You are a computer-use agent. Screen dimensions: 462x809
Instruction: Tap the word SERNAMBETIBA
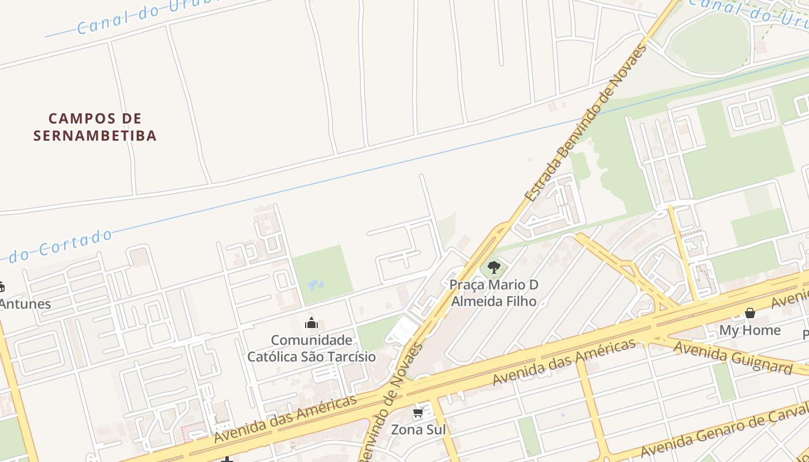95,136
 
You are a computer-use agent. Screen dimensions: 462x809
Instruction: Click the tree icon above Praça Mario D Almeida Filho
493,267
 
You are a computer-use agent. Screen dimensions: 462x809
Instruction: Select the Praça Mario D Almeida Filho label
493,293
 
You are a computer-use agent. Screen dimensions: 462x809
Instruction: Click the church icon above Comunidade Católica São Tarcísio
311,323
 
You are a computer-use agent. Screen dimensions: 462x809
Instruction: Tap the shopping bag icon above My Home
750,313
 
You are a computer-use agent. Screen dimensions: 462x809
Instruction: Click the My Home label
750,330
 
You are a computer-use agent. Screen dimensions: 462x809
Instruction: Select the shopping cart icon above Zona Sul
418,413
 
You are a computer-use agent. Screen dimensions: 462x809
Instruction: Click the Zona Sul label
418,430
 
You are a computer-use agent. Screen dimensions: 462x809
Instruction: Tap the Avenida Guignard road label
733,357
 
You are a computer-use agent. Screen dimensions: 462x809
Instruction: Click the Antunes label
24,304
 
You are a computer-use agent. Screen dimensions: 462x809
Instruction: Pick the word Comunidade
311,340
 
